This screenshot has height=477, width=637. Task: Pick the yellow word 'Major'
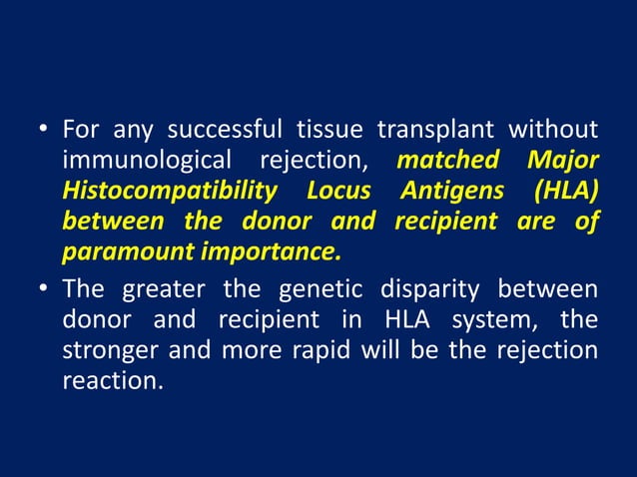coord(562,160)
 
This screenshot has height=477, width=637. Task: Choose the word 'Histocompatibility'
coord(169,191)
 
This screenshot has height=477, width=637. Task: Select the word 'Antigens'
coord(449,190)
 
